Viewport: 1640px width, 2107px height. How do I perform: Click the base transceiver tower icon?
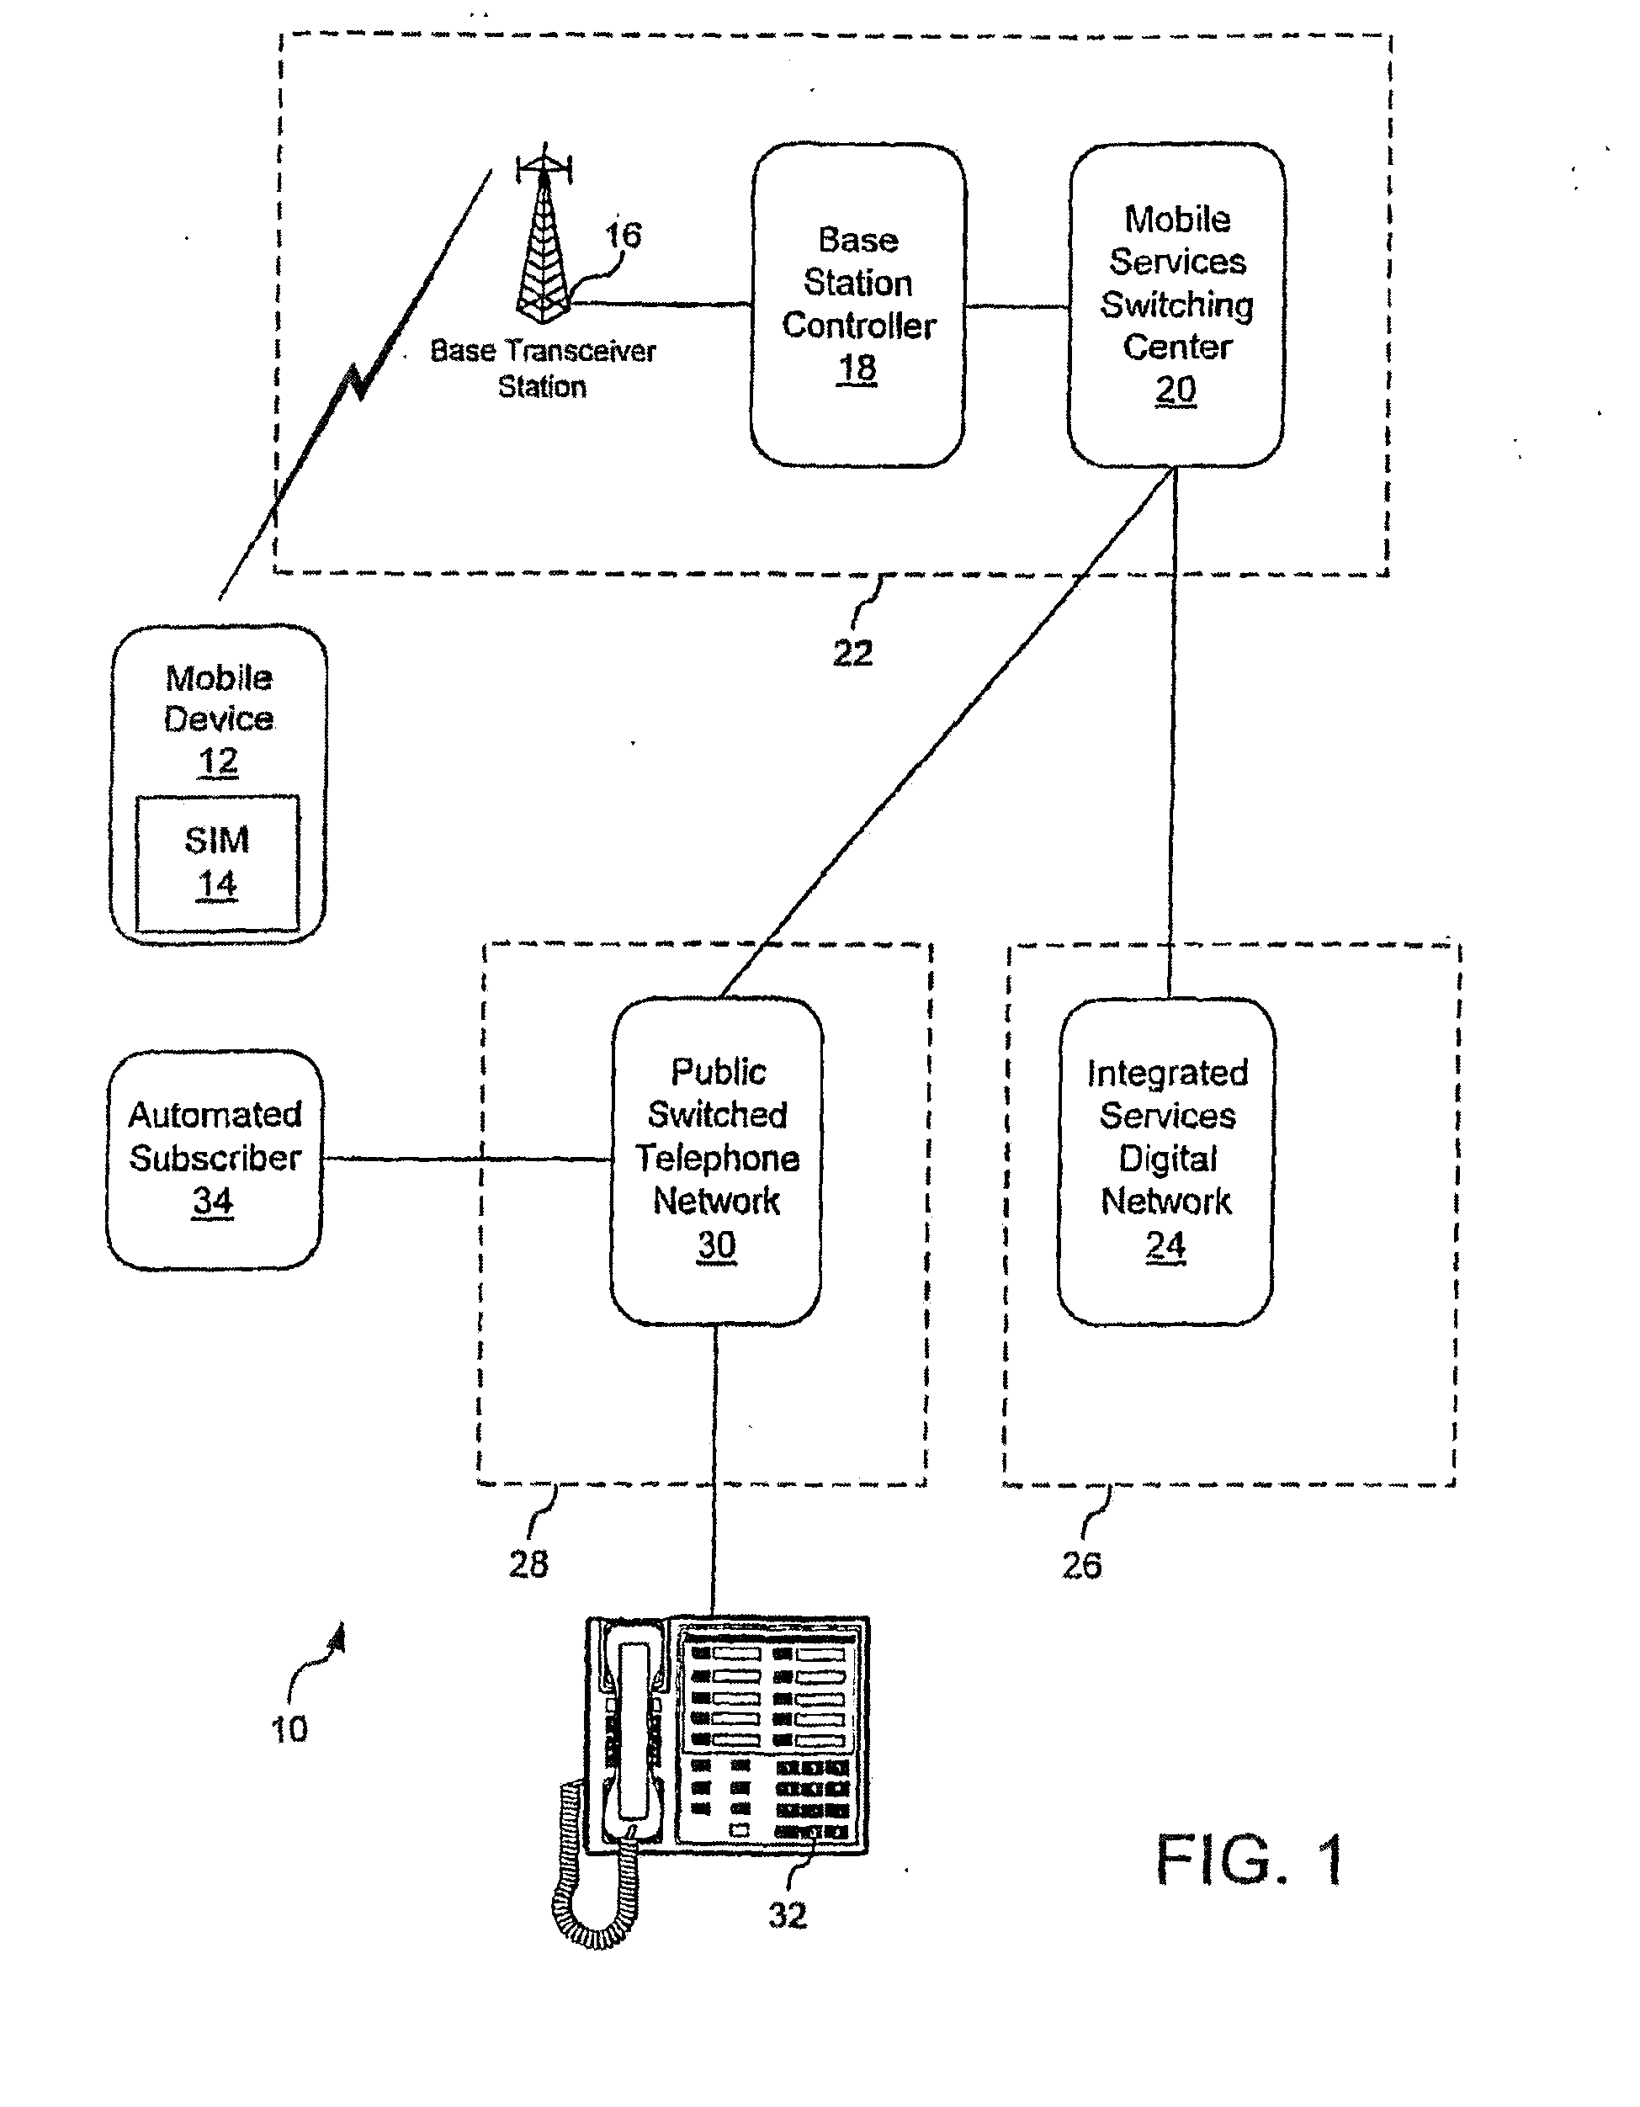pyautogui.click(x=545, y=241)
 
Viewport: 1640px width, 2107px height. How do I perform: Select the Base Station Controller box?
pyautogui.click(x=857, y=305)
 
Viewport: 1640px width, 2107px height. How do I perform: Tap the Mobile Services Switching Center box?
pyautogui.click(x=1176, y=305)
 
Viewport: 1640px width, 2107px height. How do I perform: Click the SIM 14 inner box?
pyautogui.click(x=217, y=862)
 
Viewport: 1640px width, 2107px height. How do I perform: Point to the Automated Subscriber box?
pyautogui.click(x=215, y=1159)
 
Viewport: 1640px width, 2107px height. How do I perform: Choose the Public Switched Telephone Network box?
pyautogui.click(x=717, y=1160)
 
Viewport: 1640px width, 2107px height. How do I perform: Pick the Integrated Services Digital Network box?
pyautogui.click(x=1166, y=1160)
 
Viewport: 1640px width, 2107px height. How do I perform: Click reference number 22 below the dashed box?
pyautogui.click(x=852, y=653)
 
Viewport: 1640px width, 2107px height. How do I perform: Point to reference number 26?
pyautogui.click(x=1081, y=1565)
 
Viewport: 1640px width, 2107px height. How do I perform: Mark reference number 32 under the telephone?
pyautogui.click(x=788, y=1915)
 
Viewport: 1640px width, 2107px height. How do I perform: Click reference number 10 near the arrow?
pyautogui.click(x=289, y=1730)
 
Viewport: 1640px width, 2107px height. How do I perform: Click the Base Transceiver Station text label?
pyautogui.click(x=542, y=368)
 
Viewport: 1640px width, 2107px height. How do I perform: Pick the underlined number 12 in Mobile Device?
pyautogui.click(x=218, y=762)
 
